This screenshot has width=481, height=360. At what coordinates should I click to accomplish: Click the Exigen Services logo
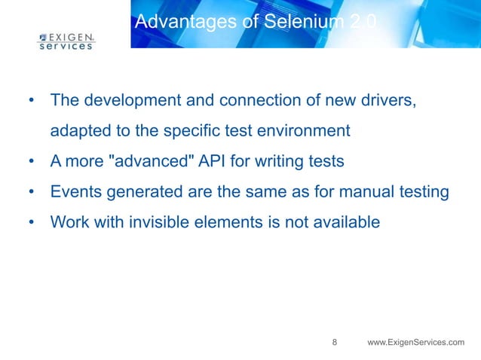(x=66, y=41)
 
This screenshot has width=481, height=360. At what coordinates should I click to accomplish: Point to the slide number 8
(x=335, y=343)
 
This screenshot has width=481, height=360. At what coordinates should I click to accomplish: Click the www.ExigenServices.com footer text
(x=415, y=343)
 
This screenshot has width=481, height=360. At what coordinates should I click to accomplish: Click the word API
(x=207, y=161)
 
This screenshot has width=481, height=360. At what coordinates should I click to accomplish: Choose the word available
(x=343, y=223)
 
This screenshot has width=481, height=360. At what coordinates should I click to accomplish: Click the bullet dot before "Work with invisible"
(x=31, y=223)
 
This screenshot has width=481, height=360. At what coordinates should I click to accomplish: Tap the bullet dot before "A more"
(x=31, y=161)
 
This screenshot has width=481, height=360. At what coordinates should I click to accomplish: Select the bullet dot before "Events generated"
(x=31, y=192)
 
